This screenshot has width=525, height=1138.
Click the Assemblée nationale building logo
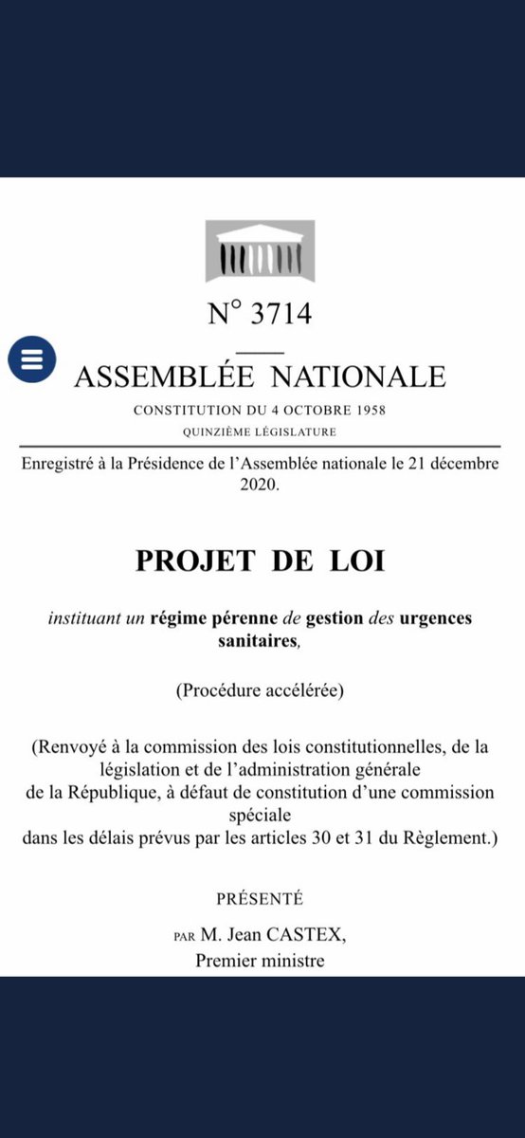click(x=260, y=251)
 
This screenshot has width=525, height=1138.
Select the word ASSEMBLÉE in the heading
click(x=164, y=376)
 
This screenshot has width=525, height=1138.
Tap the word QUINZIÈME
click(x=219, y=432)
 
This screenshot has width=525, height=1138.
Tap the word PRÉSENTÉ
click(x=260, y=898)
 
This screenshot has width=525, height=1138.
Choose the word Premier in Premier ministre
click(x=226, y=961)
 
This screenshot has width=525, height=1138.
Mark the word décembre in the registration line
click(x=461, y=463)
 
